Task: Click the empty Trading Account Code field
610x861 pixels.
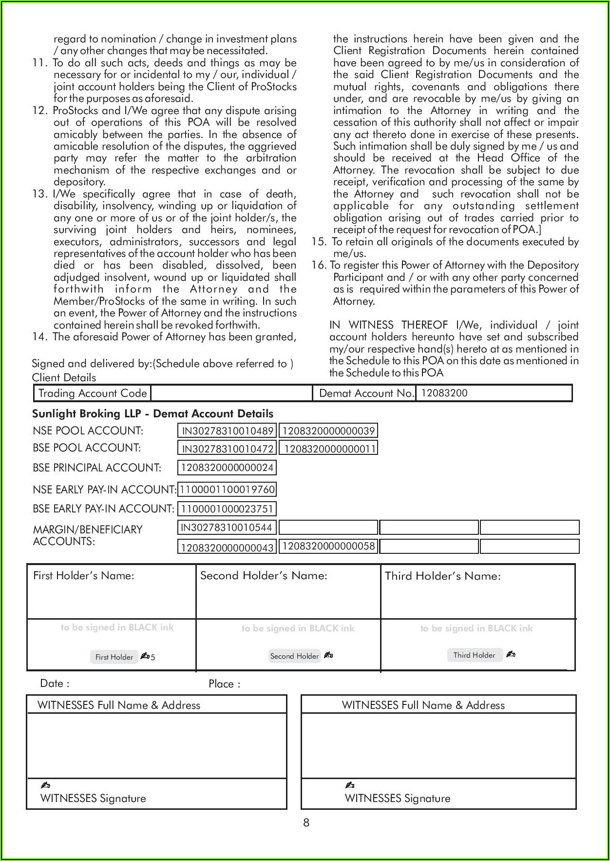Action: tap(231, 393)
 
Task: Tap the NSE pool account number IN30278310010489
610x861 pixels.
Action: tap(228, 431)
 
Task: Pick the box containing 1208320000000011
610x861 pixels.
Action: tap(330, 449)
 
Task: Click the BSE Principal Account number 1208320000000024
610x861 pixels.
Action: tap(227, 468)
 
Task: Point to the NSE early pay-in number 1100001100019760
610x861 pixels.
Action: tap(227, 489)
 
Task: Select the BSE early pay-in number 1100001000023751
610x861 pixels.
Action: tap(227, 509)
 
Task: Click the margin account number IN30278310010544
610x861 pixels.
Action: tap(227, 527)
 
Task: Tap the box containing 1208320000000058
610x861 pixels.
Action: tap(329, 546)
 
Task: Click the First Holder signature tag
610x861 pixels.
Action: tap(114, 657)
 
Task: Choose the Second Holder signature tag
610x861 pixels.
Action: tap(294, 656)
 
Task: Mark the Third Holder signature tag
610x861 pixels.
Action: tap(474, 655)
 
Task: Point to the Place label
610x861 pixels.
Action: tap(224, 684)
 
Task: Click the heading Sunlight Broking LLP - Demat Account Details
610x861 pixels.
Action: tap(152, 413)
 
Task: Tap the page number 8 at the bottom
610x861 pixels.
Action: tap(306, 823)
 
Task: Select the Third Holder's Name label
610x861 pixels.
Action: tap(442, 576)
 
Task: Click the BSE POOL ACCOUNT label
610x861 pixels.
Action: tap(87, 448)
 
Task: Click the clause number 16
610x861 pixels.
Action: tap(319, 265)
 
